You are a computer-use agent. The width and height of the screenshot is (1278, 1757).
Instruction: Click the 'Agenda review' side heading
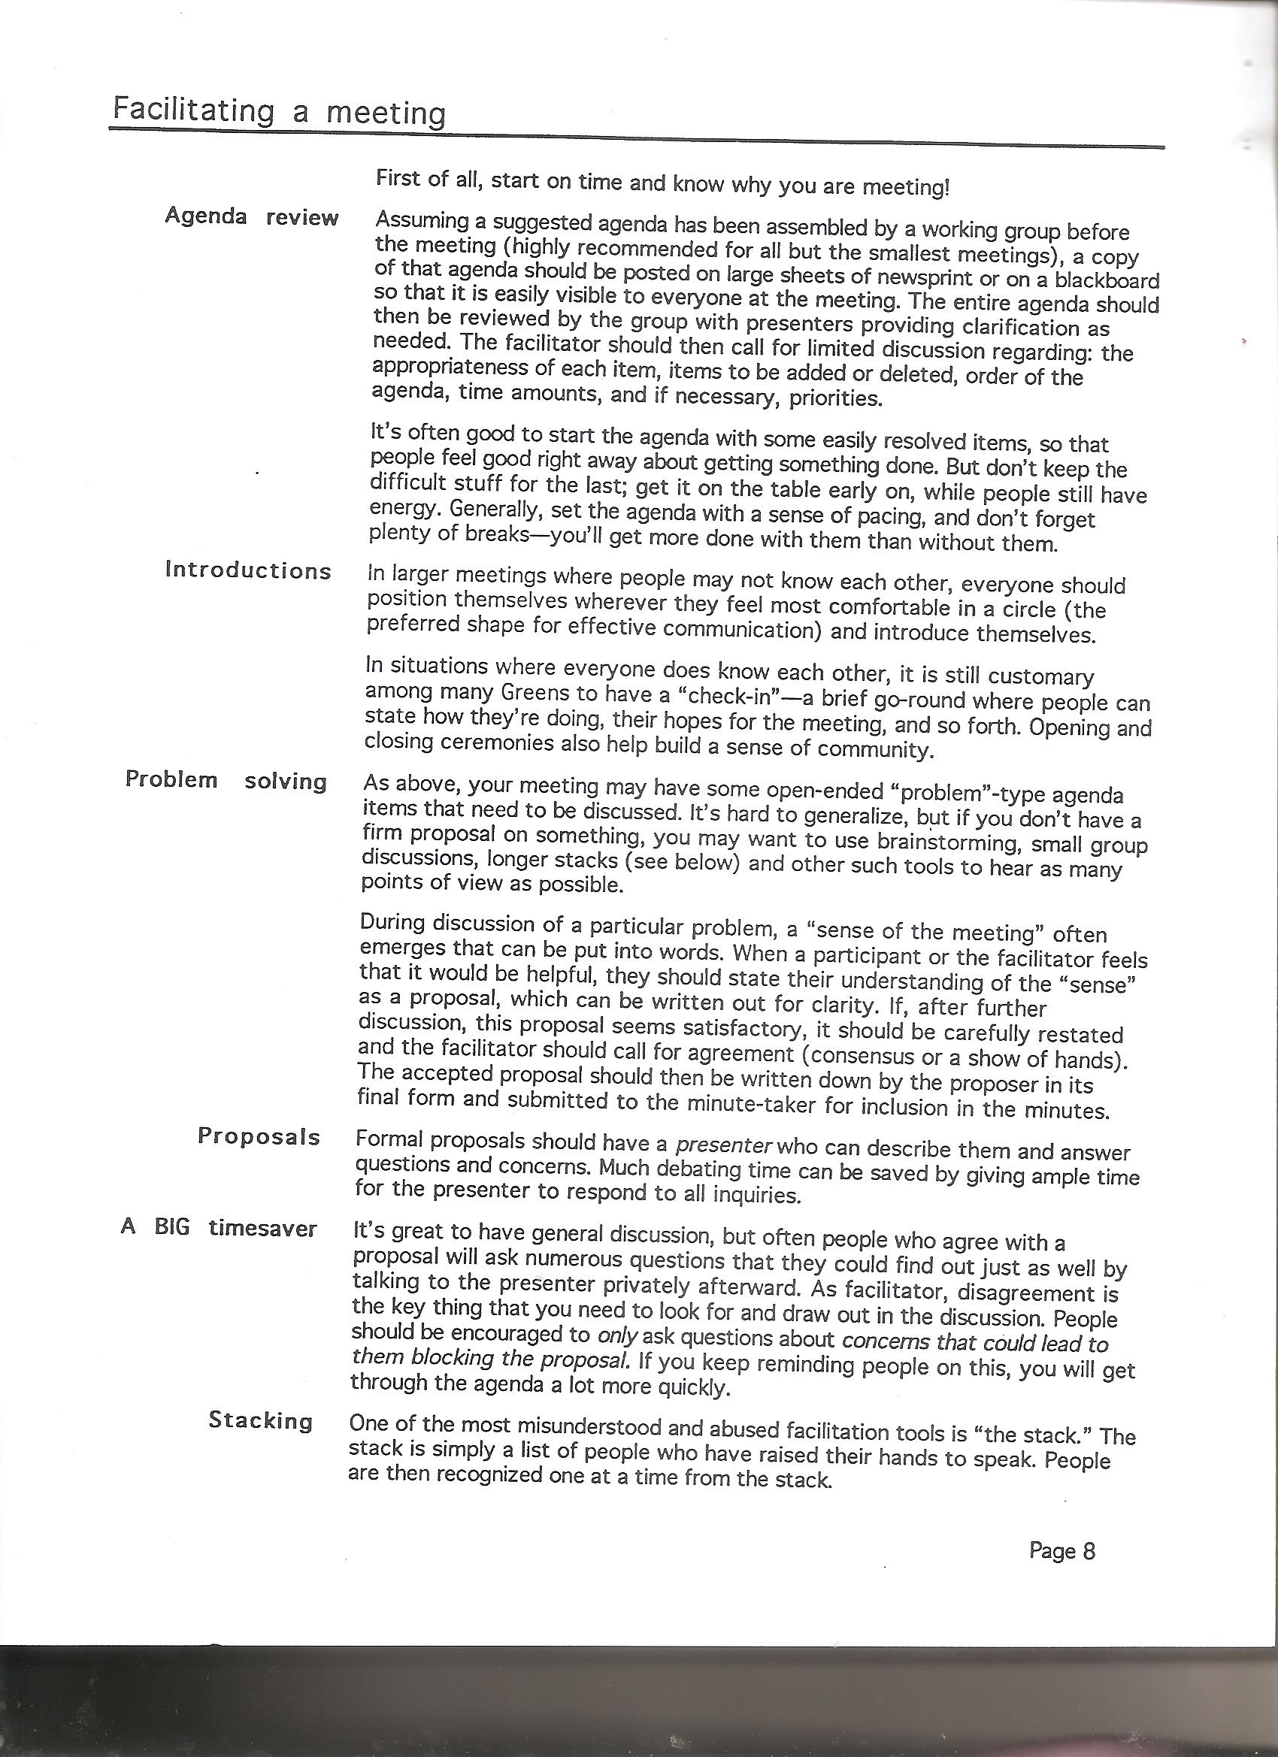tap(251, 217)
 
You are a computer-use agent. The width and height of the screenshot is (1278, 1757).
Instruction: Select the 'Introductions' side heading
tap(248, 571)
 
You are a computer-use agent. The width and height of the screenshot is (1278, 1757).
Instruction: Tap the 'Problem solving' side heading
tap(226, 780)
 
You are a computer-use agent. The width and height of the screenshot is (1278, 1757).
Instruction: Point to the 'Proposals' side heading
tap(259, 1136)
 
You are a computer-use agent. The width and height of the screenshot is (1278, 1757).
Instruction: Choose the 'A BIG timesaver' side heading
tap(219, 1229)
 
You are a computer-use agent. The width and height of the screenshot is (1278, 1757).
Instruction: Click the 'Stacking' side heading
tap(260, 1421)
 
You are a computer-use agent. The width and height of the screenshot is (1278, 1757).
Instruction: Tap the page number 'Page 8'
tap(1061, 1551)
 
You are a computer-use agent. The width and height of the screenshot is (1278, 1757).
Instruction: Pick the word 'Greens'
tap(535, 692)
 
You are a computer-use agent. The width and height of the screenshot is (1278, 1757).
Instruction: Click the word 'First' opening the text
tap(398, 178)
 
